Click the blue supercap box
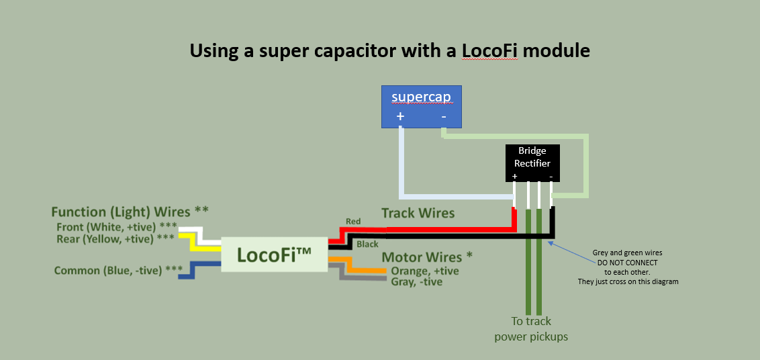point(422,106)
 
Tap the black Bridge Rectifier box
point(532,162)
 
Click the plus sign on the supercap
point(401,116)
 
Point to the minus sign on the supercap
point(444,116)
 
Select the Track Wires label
point(418,214)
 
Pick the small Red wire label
point(353,221)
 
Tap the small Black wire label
point(367,244)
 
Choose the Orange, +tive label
point(425,271)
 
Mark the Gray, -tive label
point(416,282)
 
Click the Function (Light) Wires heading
point(130,212)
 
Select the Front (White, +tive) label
point(116,226)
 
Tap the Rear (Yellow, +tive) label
point(116,238)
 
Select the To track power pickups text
point(531,329)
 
